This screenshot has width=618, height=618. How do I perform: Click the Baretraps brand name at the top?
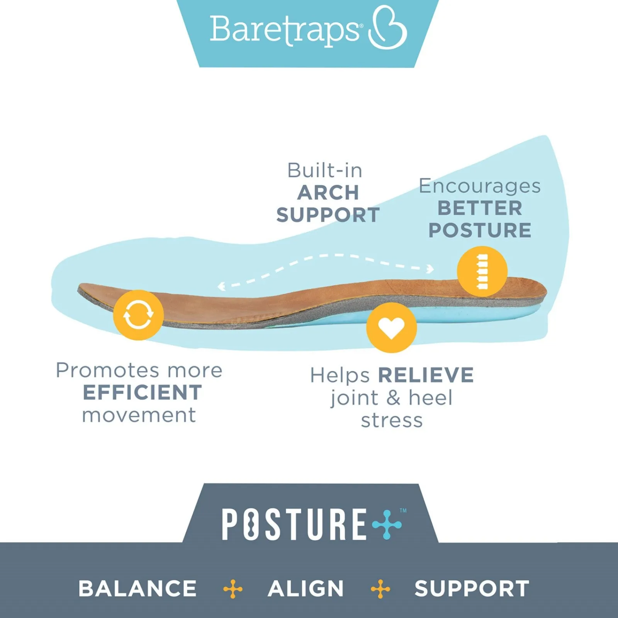(x=285, y=31)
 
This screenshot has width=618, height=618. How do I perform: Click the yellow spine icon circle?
(x=482, y=272)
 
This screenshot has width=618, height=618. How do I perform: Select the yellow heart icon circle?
(x=391, y=328)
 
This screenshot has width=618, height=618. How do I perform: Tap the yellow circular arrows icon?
(x=138, y=315)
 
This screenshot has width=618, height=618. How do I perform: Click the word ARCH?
(x=328, y=193)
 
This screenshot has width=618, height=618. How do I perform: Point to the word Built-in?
(x=325, y=170)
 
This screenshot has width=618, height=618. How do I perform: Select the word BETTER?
(x=480, y=208)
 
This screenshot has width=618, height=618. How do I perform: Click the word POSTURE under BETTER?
(x=480, y=230)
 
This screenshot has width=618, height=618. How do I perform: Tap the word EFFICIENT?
(x=142, y=392)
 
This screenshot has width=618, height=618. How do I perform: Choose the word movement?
(x=139, y=416)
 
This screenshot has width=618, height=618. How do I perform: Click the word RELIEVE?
(x=426, y=375)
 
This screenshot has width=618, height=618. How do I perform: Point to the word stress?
(x=392, y=421)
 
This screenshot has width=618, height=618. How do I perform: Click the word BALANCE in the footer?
(x=138, y=589)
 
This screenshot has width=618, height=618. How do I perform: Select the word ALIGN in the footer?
(x=306, y=589)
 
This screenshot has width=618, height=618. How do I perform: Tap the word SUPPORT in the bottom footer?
(x=472, y=589)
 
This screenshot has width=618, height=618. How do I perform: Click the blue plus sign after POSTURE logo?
(x=387, y=524)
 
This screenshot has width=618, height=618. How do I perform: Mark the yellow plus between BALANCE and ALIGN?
(x=233, y=589)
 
